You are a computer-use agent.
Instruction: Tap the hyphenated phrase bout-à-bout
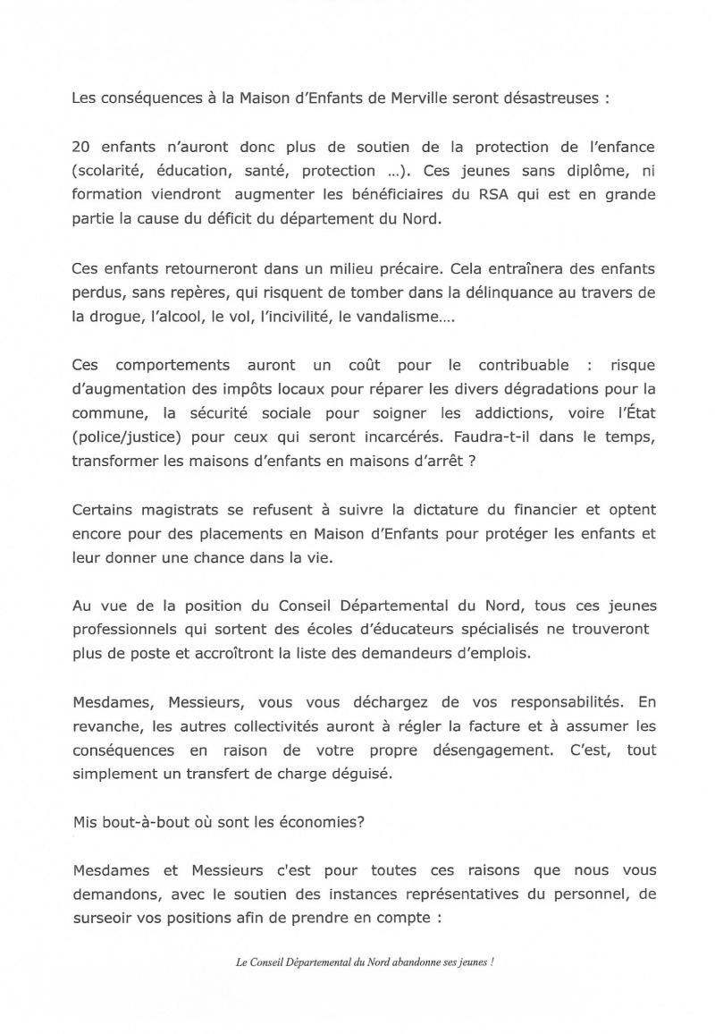(x=140, y=823)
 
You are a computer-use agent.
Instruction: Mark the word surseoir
(x=102, y=918)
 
